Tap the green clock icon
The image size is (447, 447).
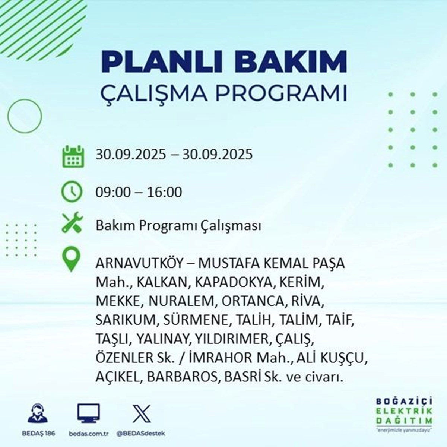pyautogui.click(x=72, y=191)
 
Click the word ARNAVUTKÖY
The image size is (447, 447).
pyautogui.click(x=139, y=263)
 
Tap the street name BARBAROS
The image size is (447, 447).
pyautogui.click(x=182, y=377)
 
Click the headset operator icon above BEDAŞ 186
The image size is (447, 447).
pyautogui.click(x=38, y=413)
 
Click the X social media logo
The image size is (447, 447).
pyautogui.click(x=142, y=413)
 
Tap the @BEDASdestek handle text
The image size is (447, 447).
pyautogui.click(x=141, y=433)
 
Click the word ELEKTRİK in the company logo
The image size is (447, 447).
pyautogui.click(x=404, y=410)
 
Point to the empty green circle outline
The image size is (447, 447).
pyautogui.click(x=24, y=116)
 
